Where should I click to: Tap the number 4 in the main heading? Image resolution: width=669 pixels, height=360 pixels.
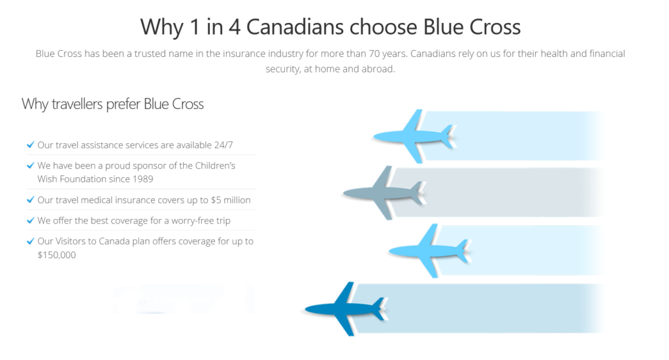point(235,27)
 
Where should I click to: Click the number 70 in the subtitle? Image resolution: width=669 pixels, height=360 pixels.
point(374,54)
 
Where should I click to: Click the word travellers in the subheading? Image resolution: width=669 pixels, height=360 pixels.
point(77,104)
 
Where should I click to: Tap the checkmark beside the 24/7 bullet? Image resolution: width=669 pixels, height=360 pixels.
point(30,144)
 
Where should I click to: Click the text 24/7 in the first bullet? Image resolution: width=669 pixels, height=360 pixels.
point(223,145)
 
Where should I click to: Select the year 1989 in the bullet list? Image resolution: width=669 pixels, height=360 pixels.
point(142,179)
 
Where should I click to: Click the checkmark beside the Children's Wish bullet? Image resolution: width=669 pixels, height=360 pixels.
point(30,165)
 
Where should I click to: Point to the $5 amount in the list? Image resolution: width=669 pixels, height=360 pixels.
point(216,200)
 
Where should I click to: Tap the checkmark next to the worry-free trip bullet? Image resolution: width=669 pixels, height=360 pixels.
point(30,220)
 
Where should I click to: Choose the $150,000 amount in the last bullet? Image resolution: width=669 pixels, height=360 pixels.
point(57,255)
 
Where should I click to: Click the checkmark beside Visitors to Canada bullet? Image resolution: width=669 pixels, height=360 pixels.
point(30,241)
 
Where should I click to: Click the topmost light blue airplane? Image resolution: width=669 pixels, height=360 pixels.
point(414,137)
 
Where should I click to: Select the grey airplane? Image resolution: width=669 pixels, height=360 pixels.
point(384,193)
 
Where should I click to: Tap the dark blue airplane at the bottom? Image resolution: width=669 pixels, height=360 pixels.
point(346,309)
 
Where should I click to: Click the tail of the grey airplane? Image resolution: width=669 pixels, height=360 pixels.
point(418,193)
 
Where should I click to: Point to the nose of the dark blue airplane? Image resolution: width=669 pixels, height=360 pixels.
point(306,309)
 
